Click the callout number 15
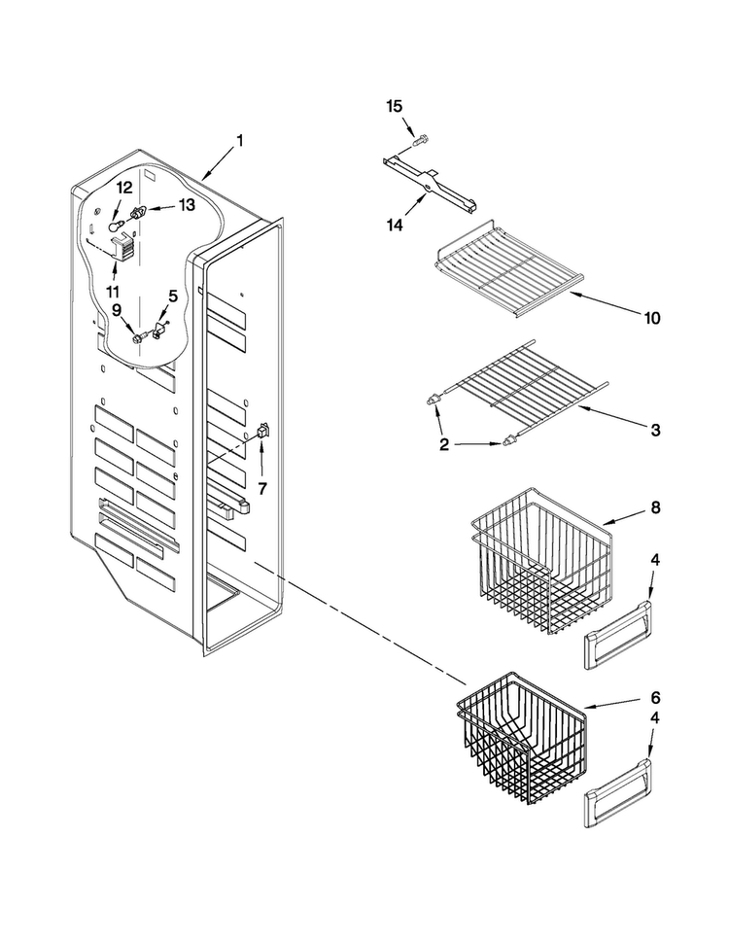click(x=394, y=107)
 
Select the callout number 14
click(x=395, y=226)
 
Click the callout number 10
click(x=652, y=318)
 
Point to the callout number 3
click(x=656, y=430)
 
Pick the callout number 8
click(x=655, y=508)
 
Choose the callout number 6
click(x=655, y=698)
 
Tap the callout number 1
click(x=239, y=141)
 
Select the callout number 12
click(x=123, y=188)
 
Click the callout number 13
click(x=187, y=205)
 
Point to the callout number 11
click(x=113, y=292)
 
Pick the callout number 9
click(x=117, y=309)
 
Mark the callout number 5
click(x=173, y=296)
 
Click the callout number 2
click(x=444, y=445)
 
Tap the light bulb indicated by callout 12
click(x=116, y=226)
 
